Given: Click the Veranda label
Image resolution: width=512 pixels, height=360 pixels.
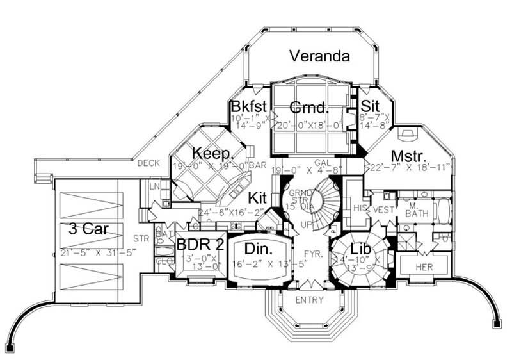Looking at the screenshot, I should point(319,56).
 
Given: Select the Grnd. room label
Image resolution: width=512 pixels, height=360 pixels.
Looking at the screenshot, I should point(309,106).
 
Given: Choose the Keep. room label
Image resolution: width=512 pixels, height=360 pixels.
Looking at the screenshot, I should point(206,154).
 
